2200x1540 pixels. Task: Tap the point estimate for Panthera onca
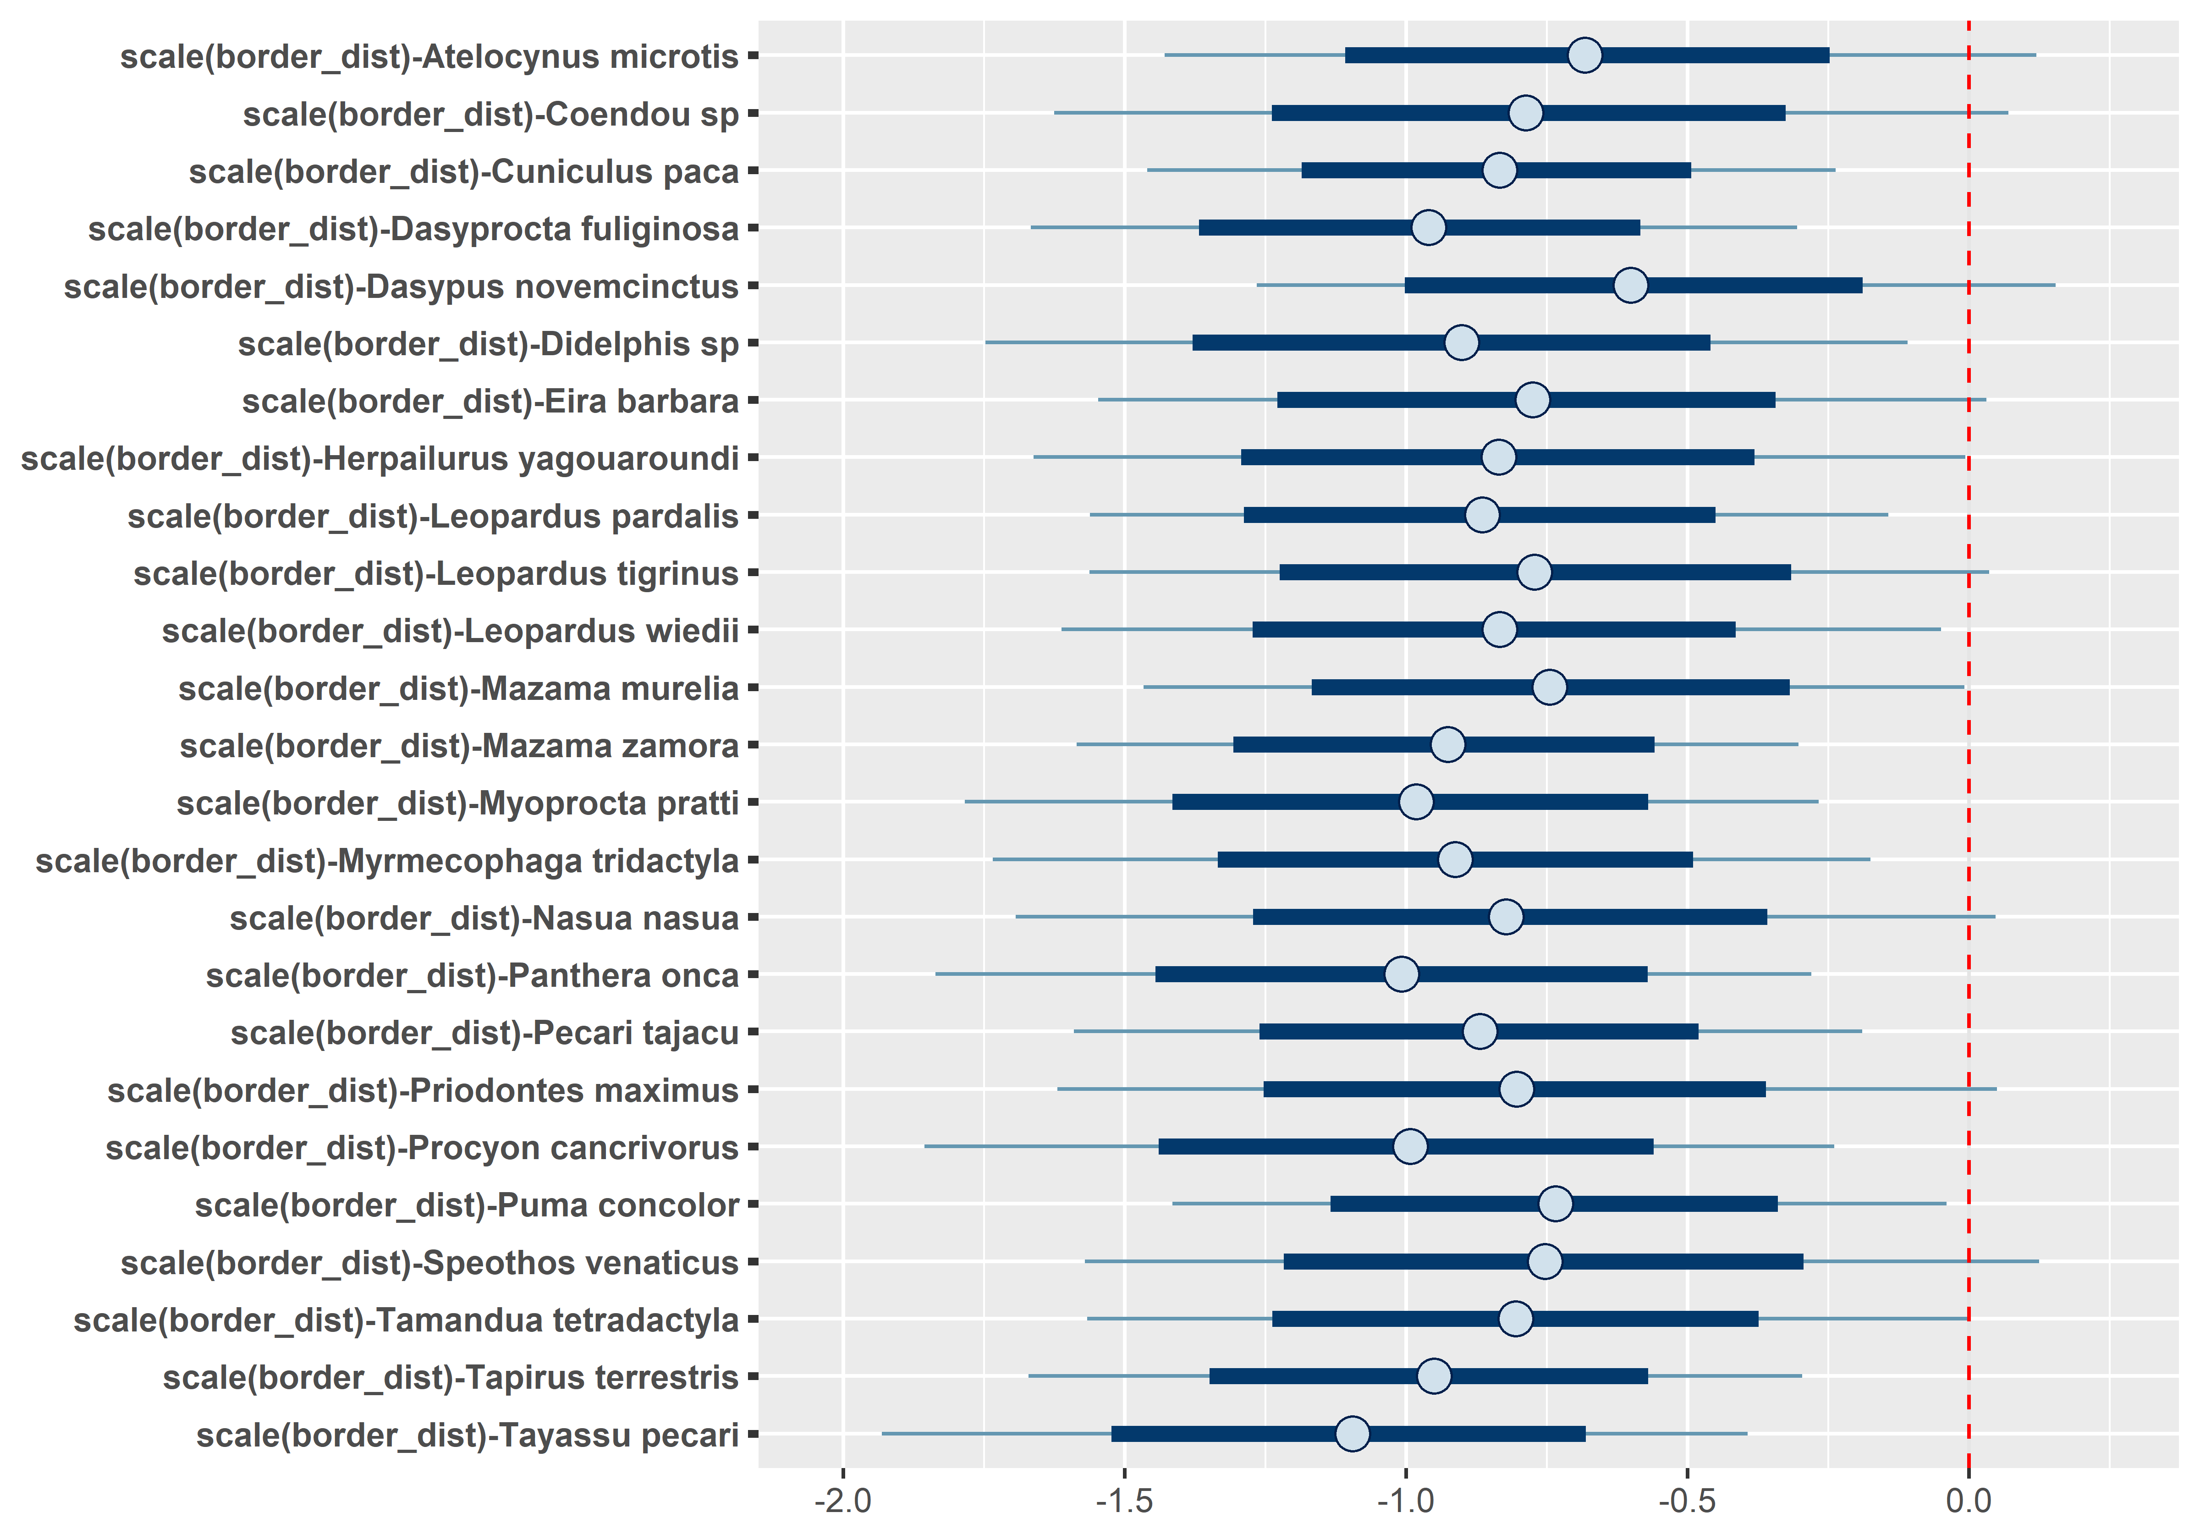[1401, 974]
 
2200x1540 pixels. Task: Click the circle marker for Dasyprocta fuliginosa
[1428, 228]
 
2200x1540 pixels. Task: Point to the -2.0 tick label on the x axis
[842, 1501]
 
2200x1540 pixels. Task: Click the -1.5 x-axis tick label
[1124, 1501]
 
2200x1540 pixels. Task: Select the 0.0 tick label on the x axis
[1968, 1501]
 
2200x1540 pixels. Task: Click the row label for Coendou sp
[490, 114]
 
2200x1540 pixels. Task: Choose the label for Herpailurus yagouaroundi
[379, 458]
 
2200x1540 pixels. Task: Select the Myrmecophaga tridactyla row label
[387, 861]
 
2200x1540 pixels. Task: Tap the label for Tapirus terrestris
[451, 1377]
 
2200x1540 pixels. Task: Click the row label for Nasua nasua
[484, 918]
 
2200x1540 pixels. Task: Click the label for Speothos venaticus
[429, 1262]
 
